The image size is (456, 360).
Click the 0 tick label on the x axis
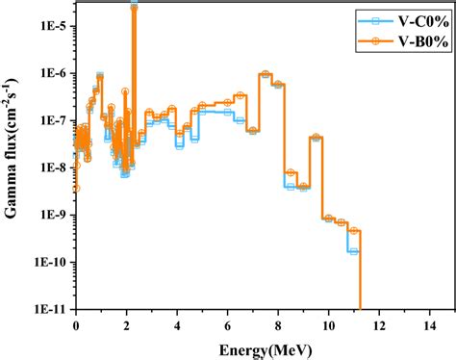(x=76, y=324)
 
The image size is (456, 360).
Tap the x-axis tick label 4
(x=177, y=324)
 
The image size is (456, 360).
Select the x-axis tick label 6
(x=228, y=324)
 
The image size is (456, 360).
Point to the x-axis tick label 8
(x=278, y=324)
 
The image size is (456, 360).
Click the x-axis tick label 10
(x=329, y=324)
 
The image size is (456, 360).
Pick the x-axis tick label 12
(x=379, y=324)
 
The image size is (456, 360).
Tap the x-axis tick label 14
(x=430, y=324)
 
